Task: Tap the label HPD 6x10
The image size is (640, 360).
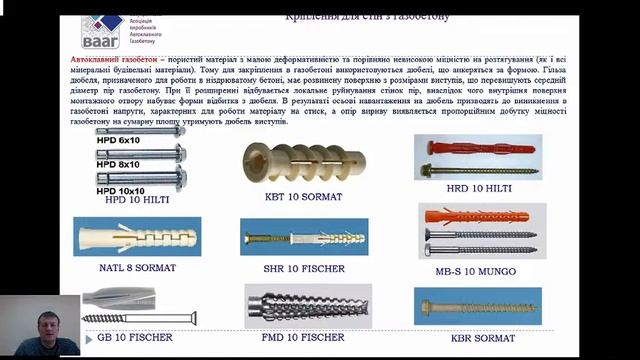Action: (117, 140)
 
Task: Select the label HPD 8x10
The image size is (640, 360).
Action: (117, 164)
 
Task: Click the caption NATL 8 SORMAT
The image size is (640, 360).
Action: (130, 268)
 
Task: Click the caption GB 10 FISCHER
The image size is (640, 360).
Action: (139, 337)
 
